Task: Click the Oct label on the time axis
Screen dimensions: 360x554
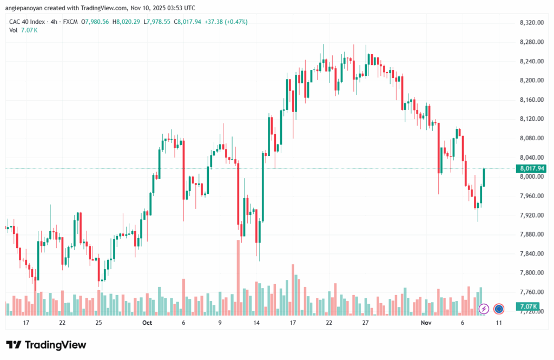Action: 147,322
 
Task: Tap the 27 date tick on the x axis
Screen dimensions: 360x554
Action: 365,322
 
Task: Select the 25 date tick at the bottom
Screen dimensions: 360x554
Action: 98,322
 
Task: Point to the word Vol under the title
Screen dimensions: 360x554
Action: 14,30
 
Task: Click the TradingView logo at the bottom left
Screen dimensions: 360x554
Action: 46,345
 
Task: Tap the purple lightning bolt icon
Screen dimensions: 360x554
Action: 484,309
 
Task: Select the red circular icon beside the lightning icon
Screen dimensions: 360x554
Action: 499,309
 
